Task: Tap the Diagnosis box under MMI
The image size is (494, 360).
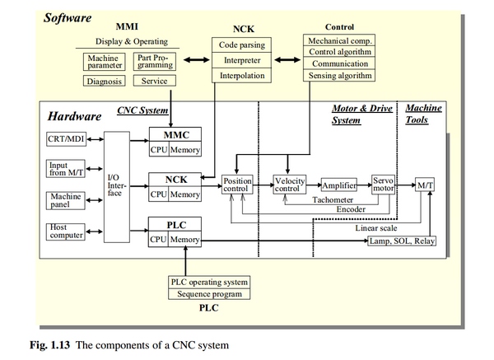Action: (x=105, y=82)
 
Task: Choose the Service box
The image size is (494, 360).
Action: (x=153, y=82)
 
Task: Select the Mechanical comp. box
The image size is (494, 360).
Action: (x=338, y=40)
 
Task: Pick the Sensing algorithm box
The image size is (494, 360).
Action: (x=338, y=76)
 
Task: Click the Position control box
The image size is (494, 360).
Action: (x=237, y=185)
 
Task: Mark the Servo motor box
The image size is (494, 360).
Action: (x=384, y=185)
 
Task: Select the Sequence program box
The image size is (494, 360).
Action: (x=208, y=294)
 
